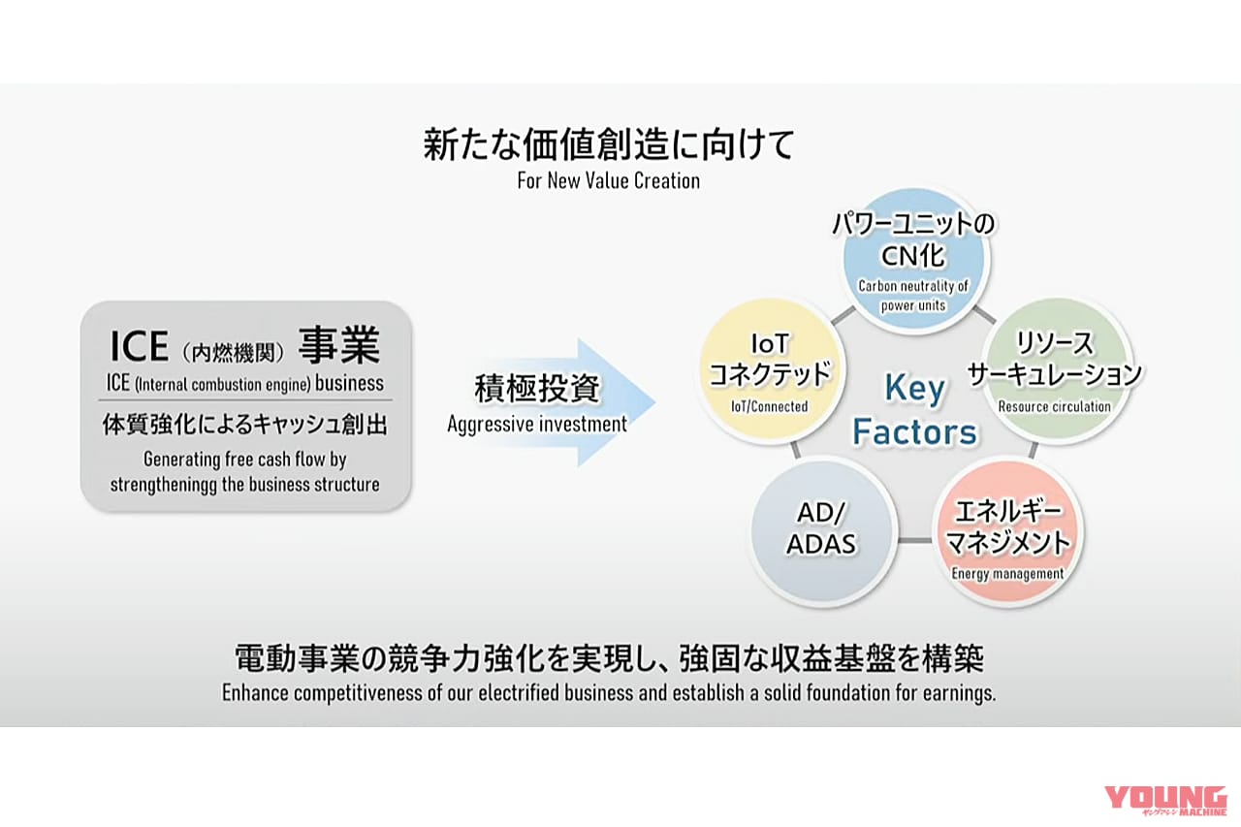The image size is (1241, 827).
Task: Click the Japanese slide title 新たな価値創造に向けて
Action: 608,144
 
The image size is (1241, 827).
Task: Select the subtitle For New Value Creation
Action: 608,181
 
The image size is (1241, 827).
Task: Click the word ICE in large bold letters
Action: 139,347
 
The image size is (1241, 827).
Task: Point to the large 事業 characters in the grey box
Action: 338,346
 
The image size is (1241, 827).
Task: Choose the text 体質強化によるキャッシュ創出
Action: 246,426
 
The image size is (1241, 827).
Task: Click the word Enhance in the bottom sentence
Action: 259,693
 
